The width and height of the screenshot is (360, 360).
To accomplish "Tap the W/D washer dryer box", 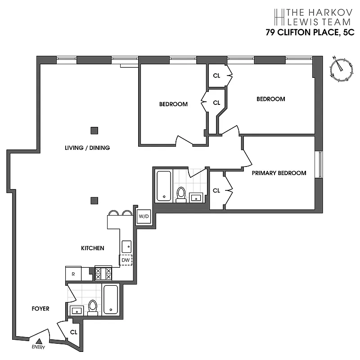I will click(144, 216).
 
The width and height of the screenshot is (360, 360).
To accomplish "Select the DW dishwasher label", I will click(126, 260).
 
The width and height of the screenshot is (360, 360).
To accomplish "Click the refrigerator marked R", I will click(73, 273).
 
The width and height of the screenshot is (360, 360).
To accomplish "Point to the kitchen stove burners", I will click(103, 273).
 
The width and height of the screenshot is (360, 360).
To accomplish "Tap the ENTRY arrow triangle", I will click(40, 342).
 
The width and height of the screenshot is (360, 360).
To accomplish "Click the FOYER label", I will click(40, 309).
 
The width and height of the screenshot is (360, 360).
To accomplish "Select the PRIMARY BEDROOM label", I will click(279, 173).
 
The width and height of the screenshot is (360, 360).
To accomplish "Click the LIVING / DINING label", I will click(87, 148).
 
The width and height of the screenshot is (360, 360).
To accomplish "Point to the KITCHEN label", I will click(93, 248).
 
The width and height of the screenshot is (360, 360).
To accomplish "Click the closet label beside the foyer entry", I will click(74, 333).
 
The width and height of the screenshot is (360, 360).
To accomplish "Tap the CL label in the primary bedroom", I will click(216, 190).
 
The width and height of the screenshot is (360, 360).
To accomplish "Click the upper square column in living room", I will click(94, 130).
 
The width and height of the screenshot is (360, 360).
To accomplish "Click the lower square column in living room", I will click(94, 201).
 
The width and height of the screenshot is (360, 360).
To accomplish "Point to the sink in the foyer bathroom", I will click(76, 310).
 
